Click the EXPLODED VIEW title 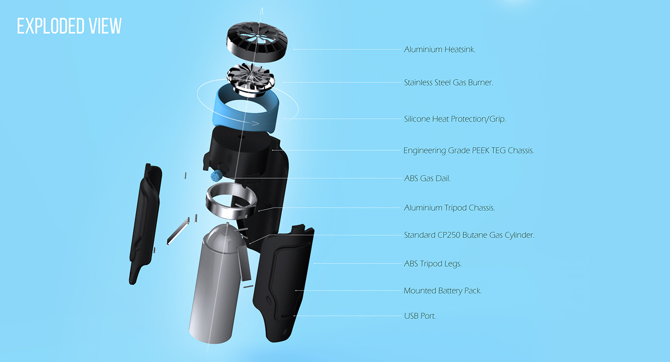coord(69,26)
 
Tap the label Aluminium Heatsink coord(439,49)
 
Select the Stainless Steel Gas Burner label coord(448,82)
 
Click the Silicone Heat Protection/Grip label coord(455,119)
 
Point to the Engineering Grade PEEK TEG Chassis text coord(469,150)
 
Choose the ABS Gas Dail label coord(427,179)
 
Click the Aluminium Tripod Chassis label coord(449,208)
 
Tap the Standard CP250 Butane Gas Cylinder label coord(469,235)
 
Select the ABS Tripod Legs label coord(433,263)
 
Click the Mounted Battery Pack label coord(443,291)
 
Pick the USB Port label coord(420,316)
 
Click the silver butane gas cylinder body coord(215,287)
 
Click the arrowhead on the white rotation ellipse coord(256,124)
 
